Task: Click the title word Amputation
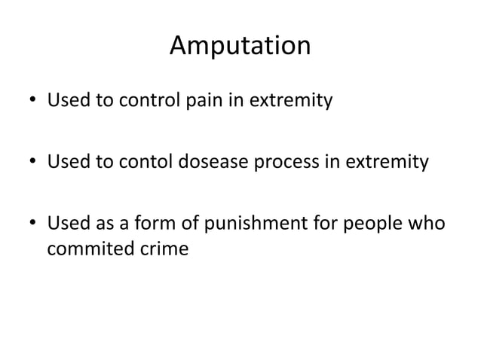pos(240,47)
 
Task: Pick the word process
pos(285,162)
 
